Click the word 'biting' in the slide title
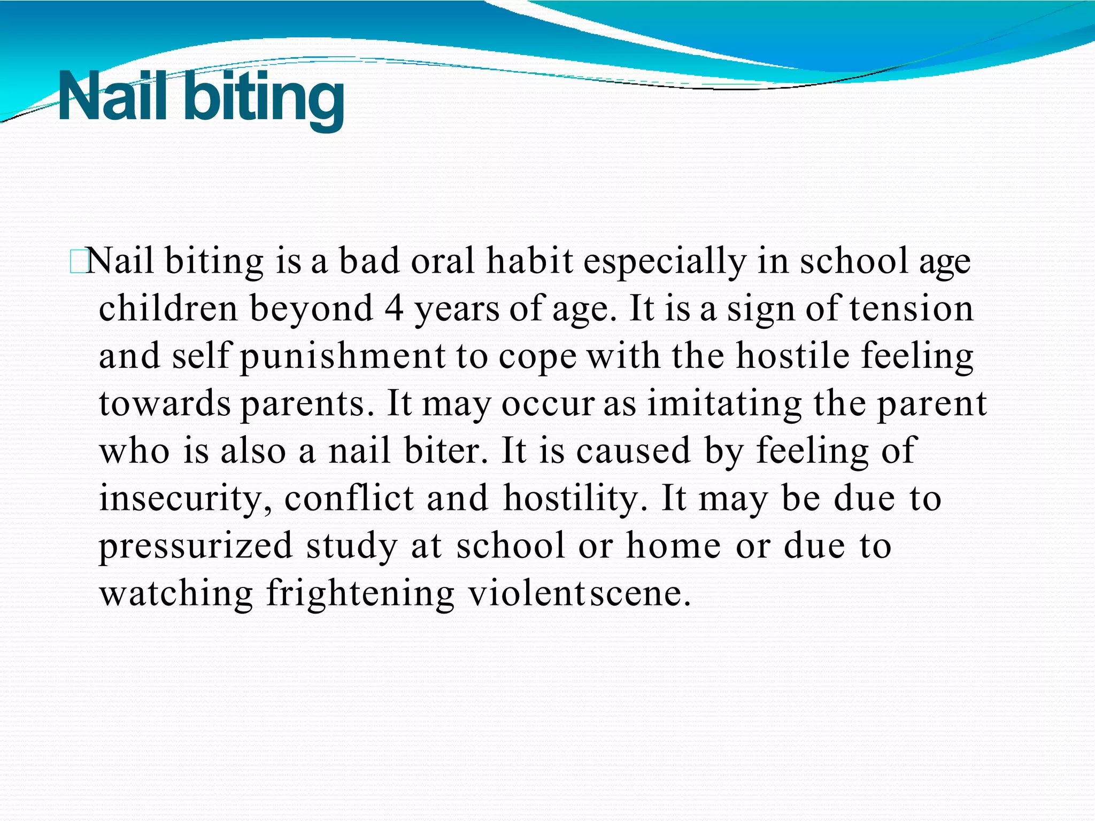pos(264,99)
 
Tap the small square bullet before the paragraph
pos(78,262)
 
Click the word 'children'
pos(168,308)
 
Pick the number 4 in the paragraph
pos(394,309)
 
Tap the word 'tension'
pos(912,309)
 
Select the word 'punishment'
pos(342,357)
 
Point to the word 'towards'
pos(165,404)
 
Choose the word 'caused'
pos(634,451)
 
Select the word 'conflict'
pos(349,498)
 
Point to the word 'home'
pos(674,546)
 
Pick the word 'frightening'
pos(360,594)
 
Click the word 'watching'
pos(176,593)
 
